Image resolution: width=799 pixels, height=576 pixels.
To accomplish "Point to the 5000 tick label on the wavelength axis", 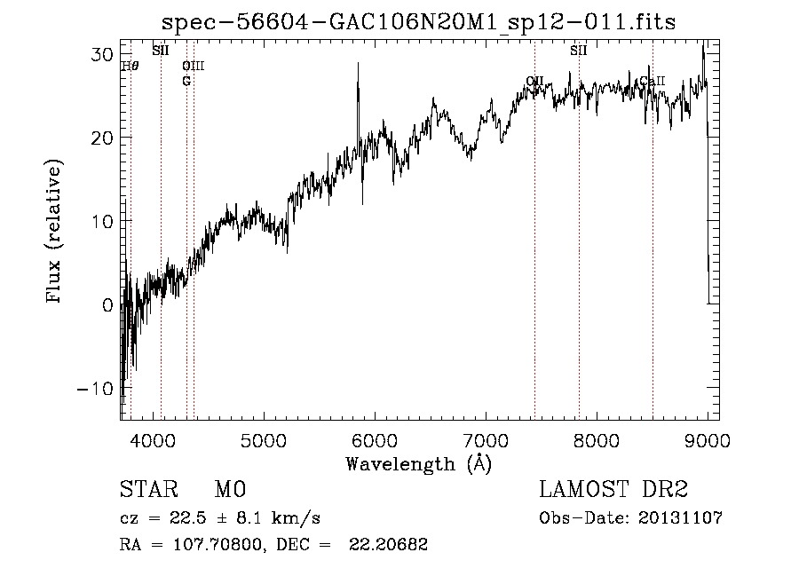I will tap(263, 438).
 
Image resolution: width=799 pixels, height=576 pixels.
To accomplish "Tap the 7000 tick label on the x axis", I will tap(486, 438).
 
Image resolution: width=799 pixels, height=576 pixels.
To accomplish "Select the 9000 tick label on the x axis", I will tap(707, 438).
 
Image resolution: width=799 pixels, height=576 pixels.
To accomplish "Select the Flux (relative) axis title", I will tap(55, 233).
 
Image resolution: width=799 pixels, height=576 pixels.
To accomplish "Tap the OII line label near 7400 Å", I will tap(534, 82).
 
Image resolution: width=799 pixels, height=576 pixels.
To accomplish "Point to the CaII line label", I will tap(653, 82).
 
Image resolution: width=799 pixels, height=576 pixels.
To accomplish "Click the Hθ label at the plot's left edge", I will tap(130, 66).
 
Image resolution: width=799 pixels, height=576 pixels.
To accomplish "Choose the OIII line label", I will tap(193, 66).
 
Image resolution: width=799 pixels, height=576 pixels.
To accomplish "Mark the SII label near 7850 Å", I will tap(579, 51).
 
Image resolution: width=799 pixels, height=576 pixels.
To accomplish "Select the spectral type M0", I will tap(230, 491).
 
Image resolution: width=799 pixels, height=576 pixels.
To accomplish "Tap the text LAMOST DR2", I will tap(613, 491).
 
